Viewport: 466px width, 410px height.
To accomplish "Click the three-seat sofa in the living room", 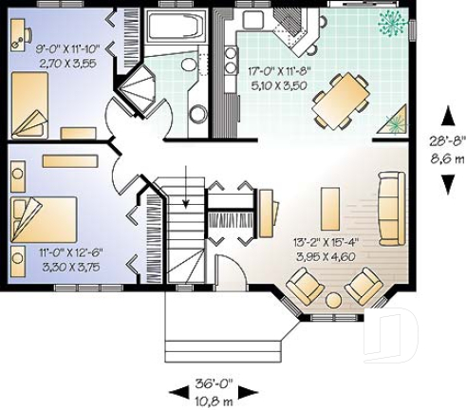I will (389, 207).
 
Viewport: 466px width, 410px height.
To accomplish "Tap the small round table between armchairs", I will (334, 300).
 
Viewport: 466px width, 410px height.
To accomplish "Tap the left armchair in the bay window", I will (305, 284).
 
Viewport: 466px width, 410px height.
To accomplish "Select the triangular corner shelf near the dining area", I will (398, 122).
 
